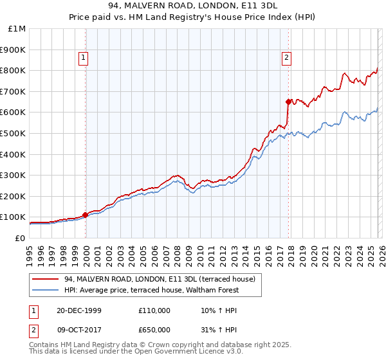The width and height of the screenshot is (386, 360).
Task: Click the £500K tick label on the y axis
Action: (13, 133)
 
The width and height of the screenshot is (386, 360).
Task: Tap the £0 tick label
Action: (21, 238)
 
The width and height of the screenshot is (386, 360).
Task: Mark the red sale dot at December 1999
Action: (86, 215)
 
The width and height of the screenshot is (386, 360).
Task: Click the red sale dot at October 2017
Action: (288, 101)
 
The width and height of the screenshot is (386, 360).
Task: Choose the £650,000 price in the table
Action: (154, 329)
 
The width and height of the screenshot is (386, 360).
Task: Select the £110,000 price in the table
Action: (154, 310)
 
